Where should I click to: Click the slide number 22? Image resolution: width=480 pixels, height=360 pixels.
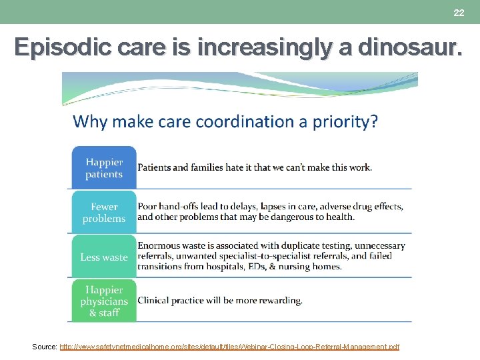pos(459,13)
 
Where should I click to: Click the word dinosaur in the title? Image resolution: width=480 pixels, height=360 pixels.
pos(409,47)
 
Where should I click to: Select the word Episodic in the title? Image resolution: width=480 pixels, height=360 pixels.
pos(55,47)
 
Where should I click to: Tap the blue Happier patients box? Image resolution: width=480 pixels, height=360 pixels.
pos(104,168)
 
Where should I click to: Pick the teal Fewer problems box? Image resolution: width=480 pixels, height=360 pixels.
pos(104,213)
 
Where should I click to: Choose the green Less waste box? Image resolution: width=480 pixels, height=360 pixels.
pos(104,257)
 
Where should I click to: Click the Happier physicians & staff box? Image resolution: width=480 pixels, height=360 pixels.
pos(104,301)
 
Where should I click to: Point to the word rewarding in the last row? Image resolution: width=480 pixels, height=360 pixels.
pos(279,301)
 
